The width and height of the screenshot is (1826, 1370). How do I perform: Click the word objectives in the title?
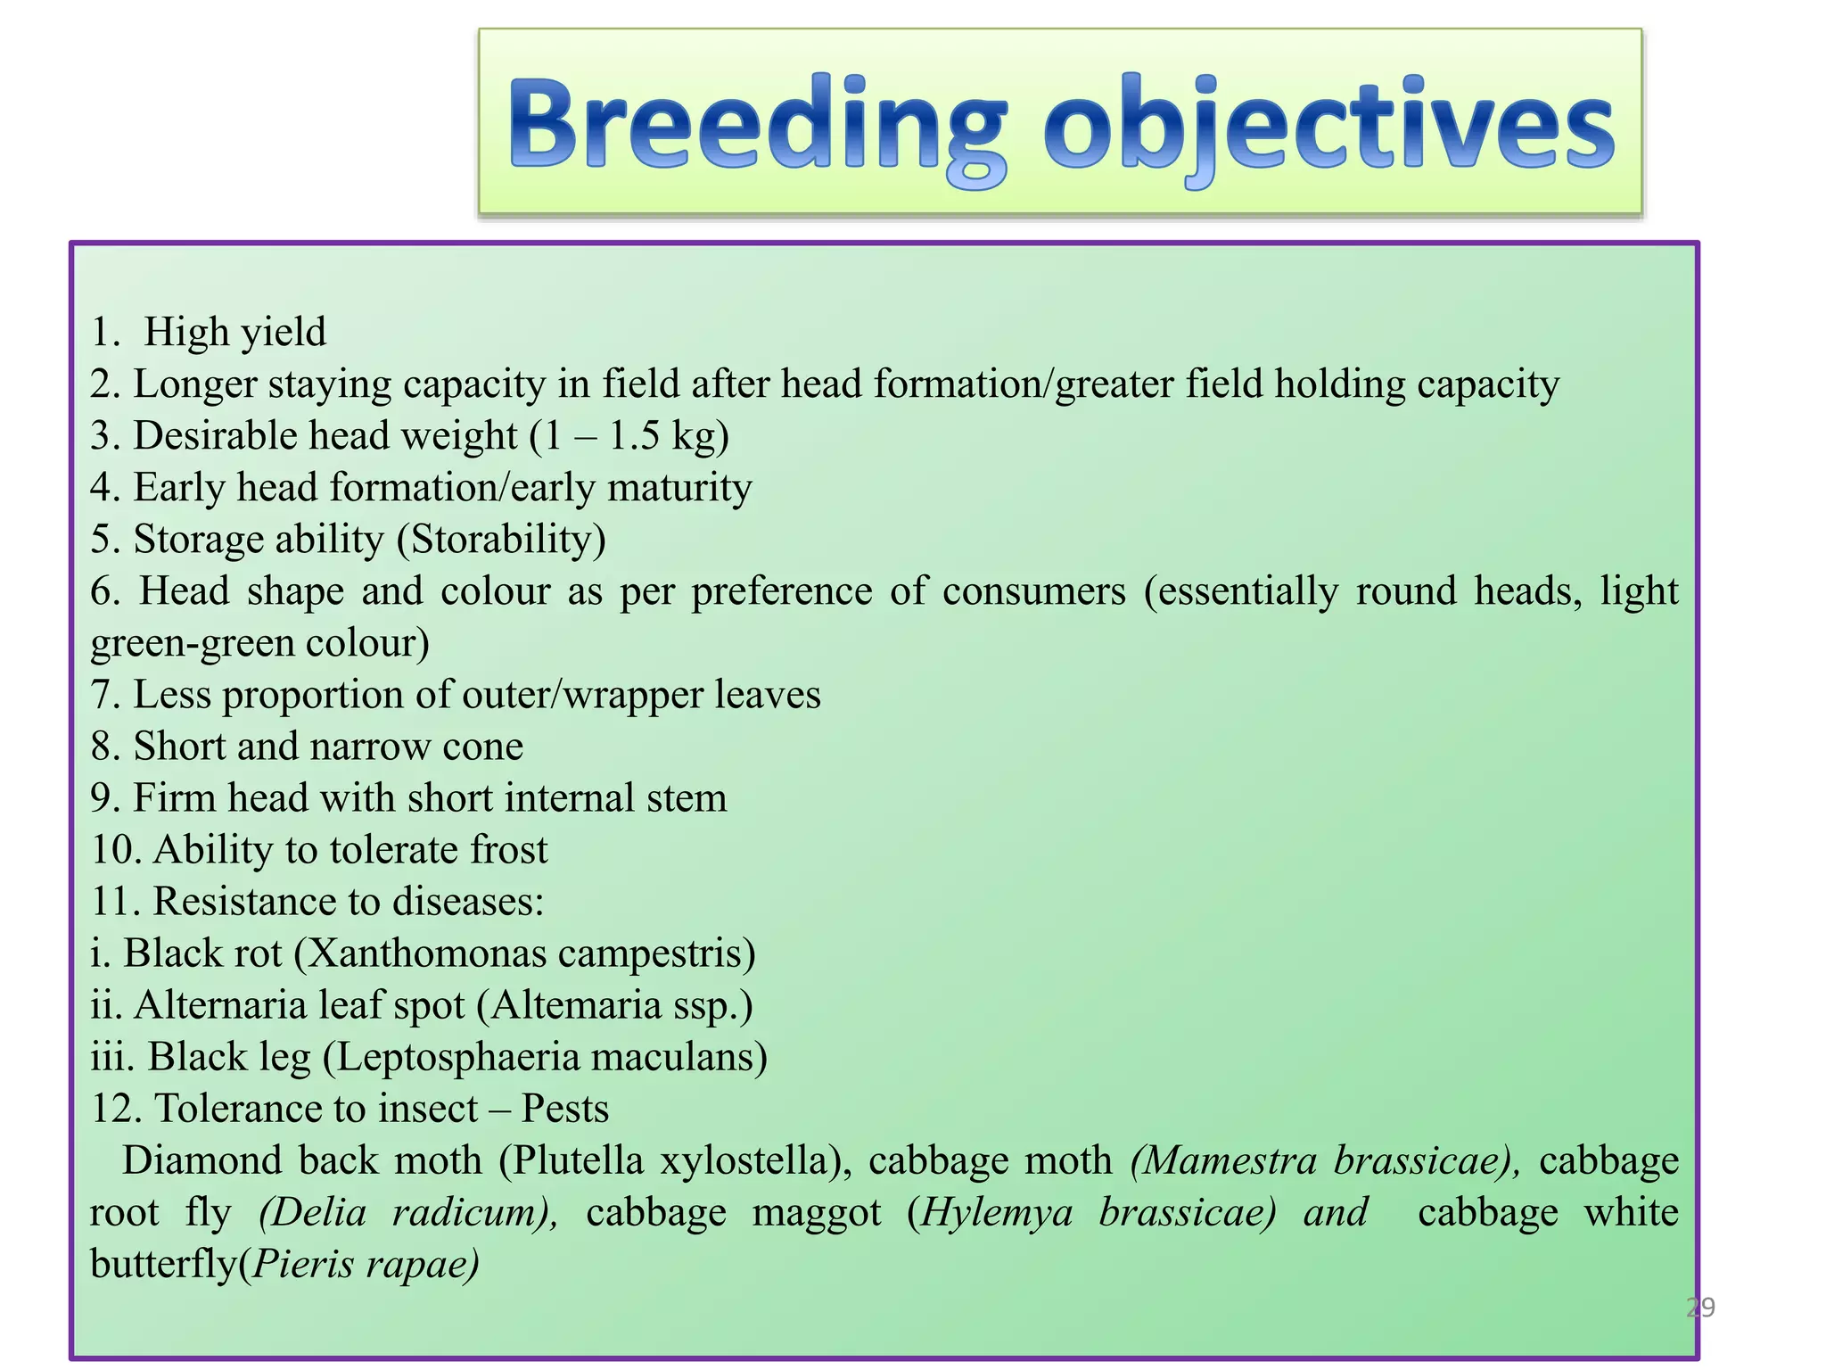pos(1328,125)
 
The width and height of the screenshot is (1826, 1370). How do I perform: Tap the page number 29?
pos(1700,1308)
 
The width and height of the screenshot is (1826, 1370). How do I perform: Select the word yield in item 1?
pos(284,333)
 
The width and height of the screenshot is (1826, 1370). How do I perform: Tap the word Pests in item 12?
pos(564,1109)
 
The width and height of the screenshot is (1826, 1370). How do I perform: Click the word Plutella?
pos(579,1160)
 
